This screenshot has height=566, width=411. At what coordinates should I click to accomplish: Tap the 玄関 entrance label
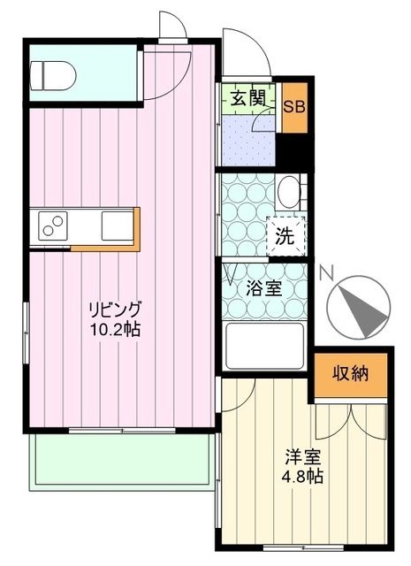click(248, 99)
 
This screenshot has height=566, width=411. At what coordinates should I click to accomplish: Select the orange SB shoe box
click(295, 107)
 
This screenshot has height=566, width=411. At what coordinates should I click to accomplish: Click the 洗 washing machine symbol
click(285, 236)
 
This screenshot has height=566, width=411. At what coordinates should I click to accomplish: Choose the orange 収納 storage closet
click(351, 372)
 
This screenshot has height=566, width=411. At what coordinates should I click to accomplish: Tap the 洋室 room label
click(303, 458)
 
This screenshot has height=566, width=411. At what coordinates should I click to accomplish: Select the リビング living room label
click(114, 310)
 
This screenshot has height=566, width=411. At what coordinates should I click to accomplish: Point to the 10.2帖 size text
click(114, 330)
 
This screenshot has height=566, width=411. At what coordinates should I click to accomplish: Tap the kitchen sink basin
click(116, 226)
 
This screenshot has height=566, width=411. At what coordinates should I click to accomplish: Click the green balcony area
click(119, 460)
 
